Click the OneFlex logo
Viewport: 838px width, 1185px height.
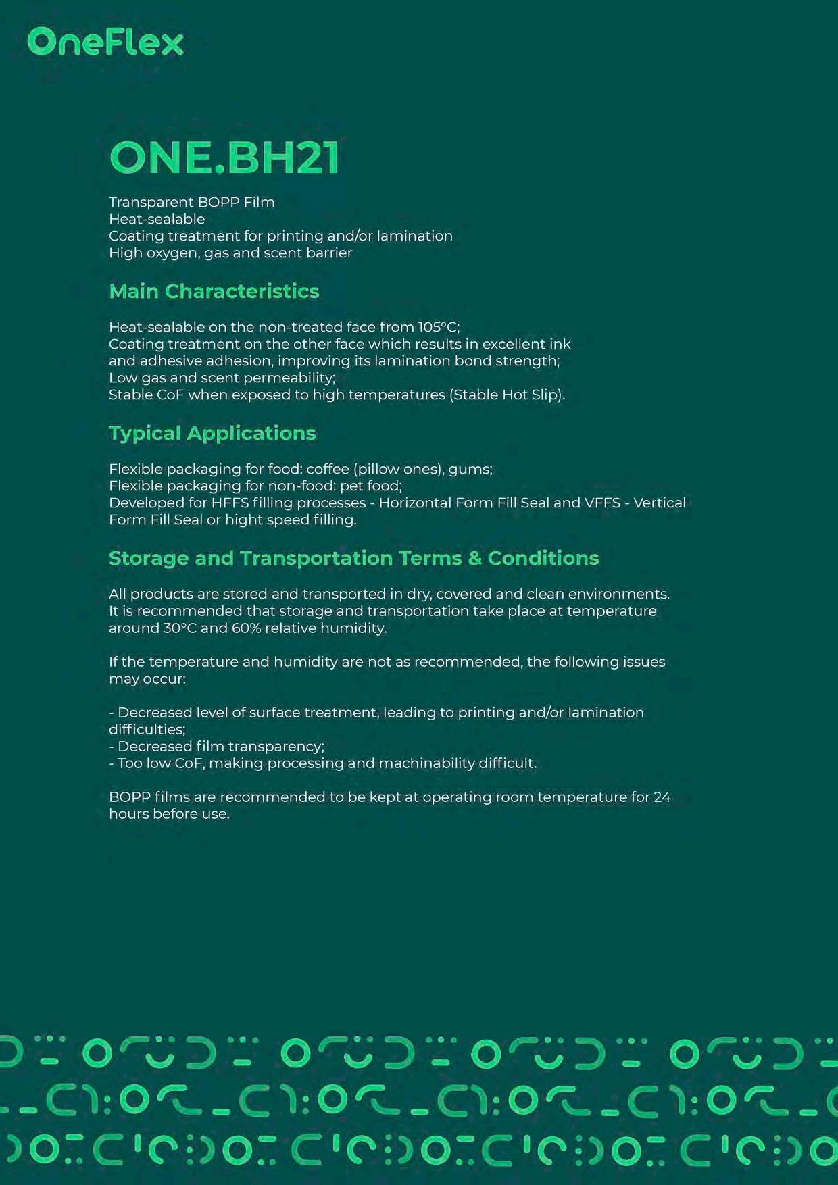point(105,42)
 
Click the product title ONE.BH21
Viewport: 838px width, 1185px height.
point(224,158)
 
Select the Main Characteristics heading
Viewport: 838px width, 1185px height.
point(214,291)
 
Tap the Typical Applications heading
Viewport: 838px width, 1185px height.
point(212,433)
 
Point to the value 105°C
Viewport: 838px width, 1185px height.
point(438,327)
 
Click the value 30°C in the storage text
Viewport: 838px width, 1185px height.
point(180,628)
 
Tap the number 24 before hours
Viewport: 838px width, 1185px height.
point(662,797)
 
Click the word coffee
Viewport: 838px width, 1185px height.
point(328,469)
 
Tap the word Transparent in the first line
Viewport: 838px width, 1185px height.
point(151,202)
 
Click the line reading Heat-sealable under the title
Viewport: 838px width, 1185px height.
point(157,219)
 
